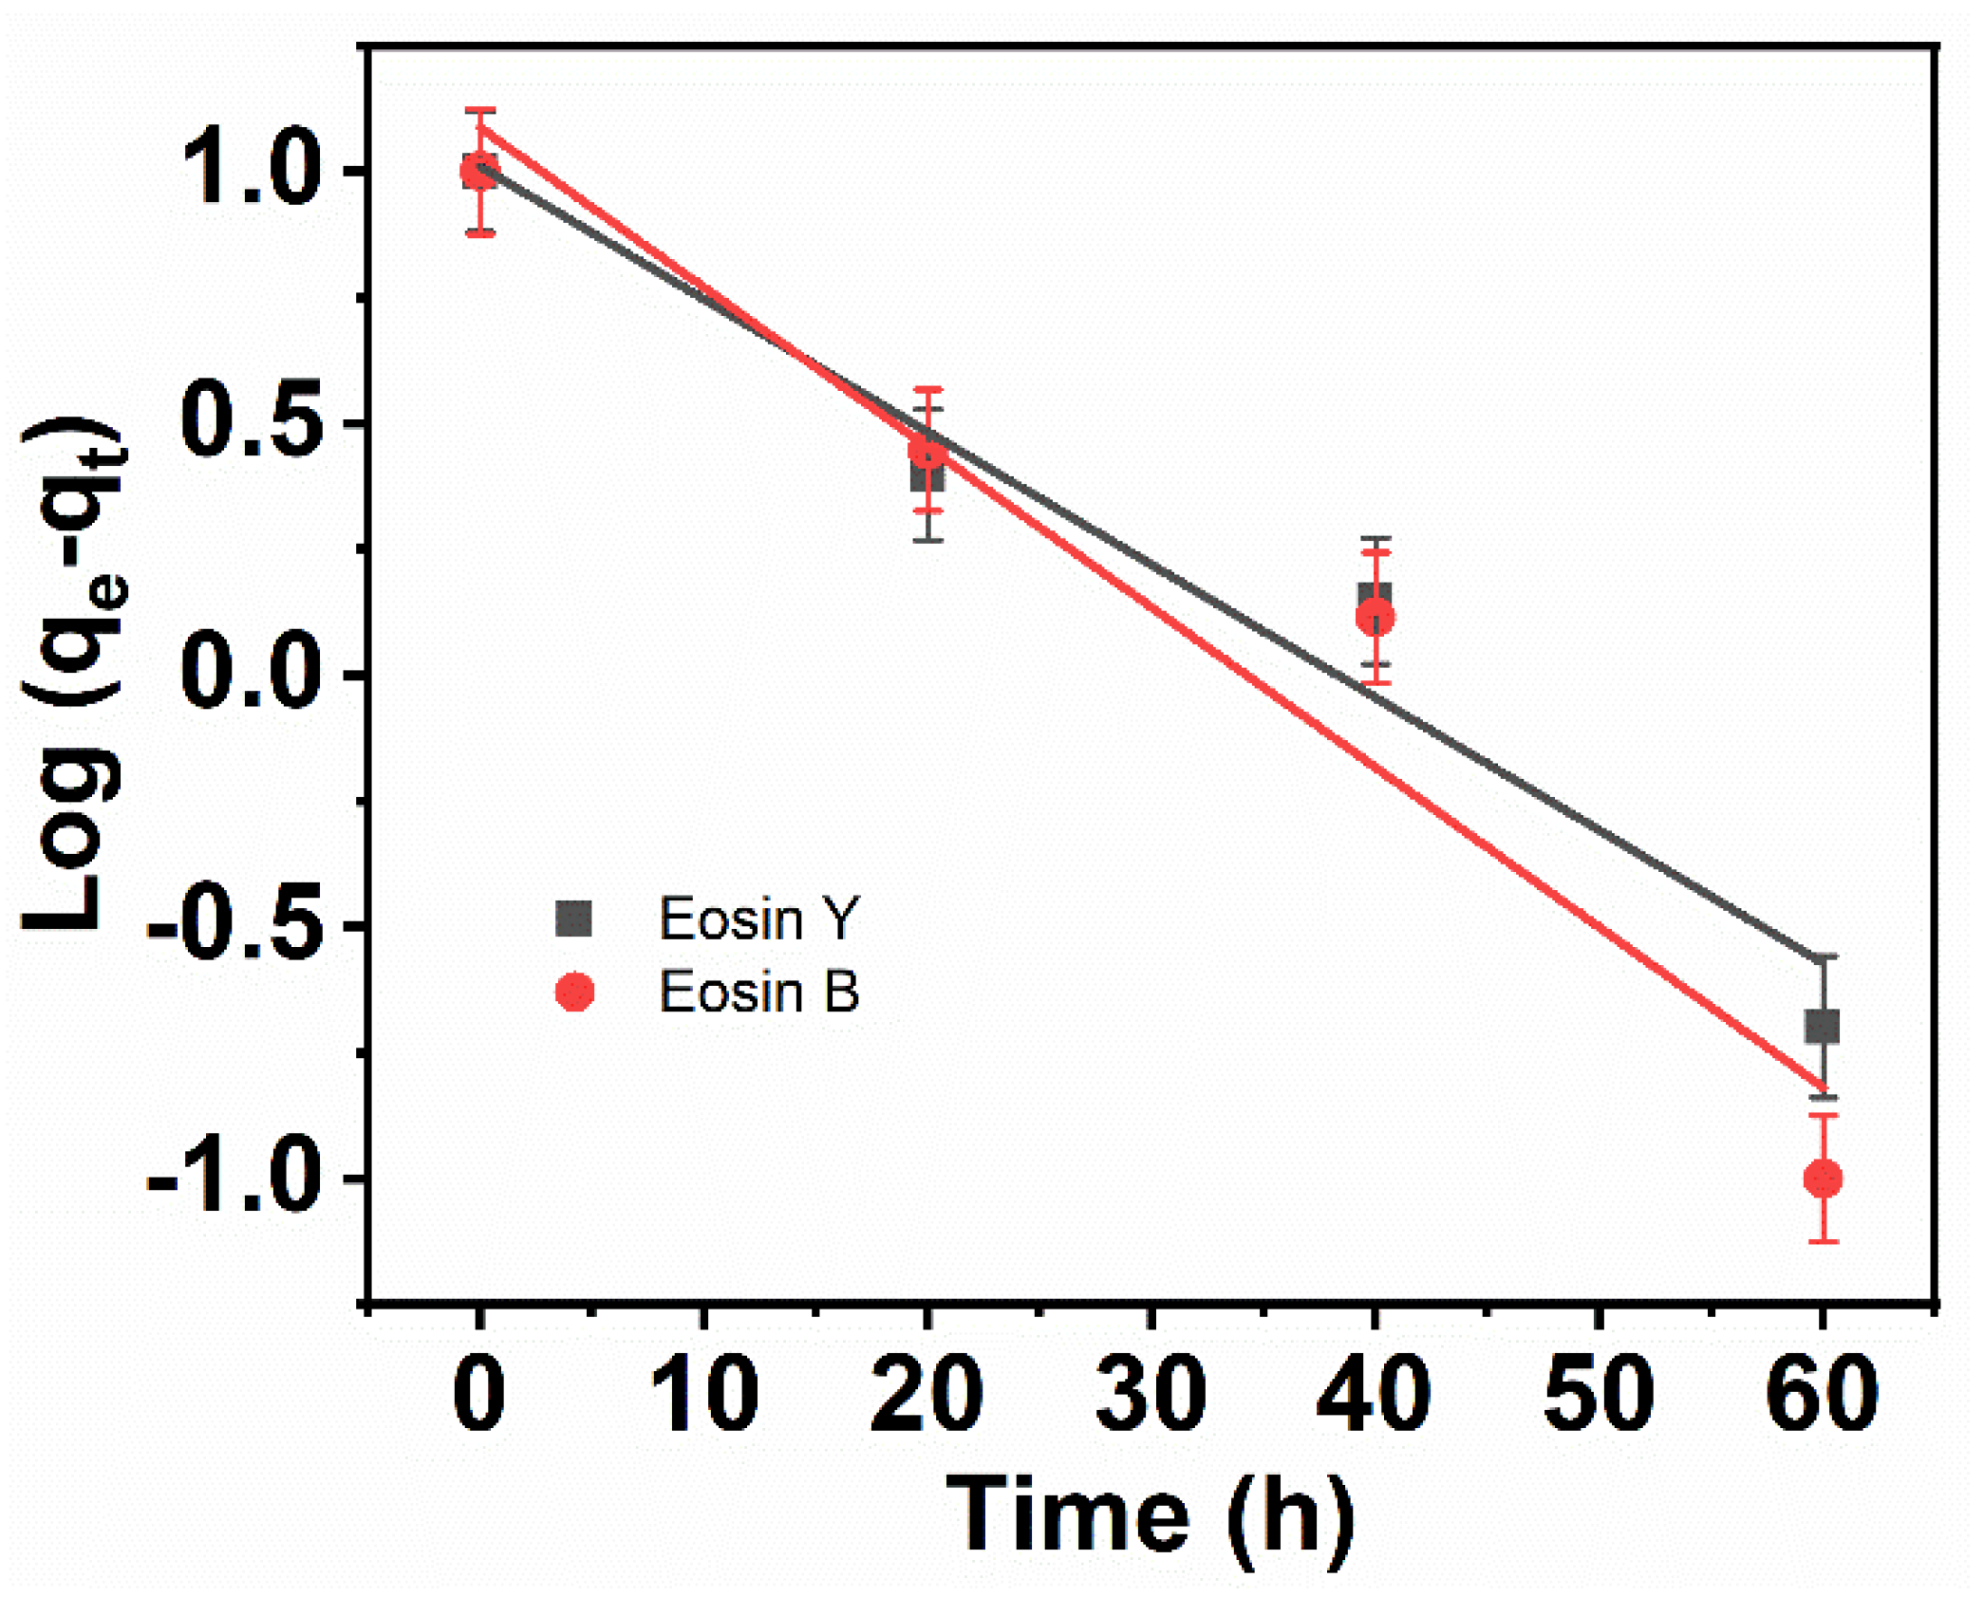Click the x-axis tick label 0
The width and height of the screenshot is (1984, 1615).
click(479, 1394)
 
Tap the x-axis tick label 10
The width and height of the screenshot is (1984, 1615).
click(703, 1394)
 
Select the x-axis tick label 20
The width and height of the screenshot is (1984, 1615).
click(926, 1394)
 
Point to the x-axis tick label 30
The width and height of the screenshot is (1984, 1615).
click(1151, 1394)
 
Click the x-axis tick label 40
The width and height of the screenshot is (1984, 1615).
click(1374, 1394)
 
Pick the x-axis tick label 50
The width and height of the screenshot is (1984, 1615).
click(1599, 1394)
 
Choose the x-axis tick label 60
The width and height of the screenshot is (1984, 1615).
click(1822, 1394)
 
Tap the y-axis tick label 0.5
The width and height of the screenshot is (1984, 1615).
click(249, 422)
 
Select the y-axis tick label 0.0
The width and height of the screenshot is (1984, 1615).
click(249, 675)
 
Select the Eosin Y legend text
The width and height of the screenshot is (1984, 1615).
click(758, 919)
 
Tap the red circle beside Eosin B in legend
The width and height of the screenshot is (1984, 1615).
click(574, 993)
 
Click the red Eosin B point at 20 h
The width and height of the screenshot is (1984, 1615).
click(927, 452)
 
